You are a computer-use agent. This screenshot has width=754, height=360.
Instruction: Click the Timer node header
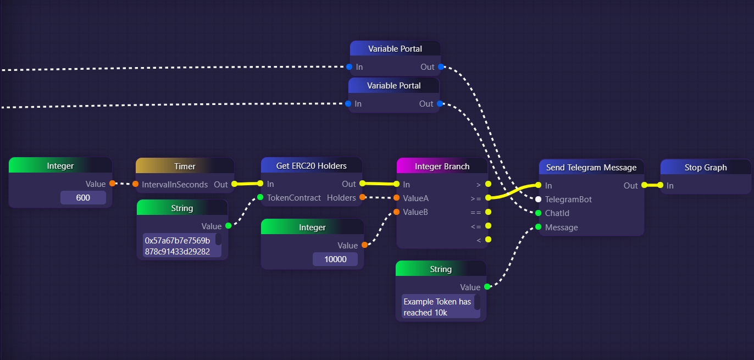tap(185, 166)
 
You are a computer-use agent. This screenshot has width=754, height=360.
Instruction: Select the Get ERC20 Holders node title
tap(311, 166)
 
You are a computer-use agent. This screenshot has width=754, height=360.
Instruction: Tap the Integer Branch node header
tap(442, 166)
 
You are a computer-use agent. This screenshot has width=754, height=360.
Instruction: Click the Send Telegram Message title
tap(591, 168)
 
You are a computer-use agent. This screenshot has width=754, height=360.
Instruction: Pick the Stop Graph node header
tap(705, 168)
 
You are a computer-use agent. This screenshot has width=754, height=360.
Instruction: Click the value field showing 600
tap(83, 197)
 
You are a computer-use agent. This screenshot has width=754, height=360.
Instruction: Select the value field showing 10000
tap(335, 259)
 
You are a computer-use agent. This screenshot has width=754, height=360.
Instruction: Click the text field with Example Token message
tap(438, 307)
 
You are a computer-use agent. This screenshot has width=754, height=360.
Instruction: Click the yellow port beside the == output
tap(488, 212)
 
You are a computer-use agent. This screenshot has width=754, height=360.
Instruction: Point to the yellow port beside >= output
tap(488, 198)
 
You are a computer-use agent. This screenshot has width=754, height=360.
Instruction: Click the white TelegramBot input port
tap(539, 200)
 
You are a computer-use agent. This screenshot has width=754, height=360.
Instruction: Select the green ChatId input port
tap(539, 213)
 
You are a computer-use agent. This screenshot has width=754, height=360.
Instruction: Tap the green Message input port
tap(539, 227)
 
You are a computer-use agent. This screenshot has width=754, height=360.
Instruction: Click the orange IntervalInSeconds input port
tap(136, 184)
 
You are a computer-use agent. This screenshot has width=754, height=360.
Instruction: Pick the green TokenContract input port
tap(260, 197)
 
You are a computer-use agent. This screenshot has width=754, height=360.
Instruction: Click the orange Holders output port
tap(363, 197)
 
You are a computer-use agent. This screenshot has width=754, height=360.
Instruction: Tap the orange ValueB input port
tap(396, 212)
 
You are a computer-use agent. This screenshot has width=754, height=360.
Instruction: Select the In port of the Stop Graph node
tap(660, 185)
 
